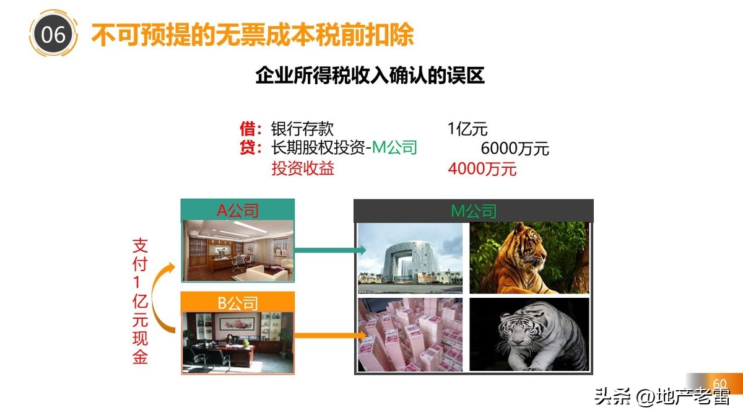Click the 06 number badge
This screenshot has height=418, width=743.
53,35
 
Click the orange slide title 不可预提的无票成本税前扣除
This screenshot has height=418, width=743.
253,35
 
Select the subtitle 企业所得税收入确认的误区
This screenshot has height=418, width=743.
370,76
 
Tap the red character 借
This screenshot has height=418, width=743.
247,129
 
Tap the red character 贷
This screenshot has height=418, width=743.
247,149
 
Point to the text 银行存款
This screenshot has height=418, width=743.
303,129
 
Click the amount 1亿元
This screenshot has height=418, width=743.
467,129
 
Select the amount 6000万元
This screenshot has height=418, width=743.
515,149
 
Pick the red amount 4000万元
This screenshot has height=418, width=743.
482,168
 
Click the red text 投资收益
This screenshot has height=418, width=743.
303,168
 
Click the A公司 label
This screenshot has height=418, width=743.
237,211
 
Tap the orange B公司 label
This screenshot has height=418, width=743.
237,303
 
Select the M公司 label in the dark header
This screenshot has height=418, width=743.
474,211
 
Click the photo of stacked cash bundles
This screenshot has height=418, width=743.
410,335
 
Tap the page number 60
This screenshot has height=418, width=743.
720,383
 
